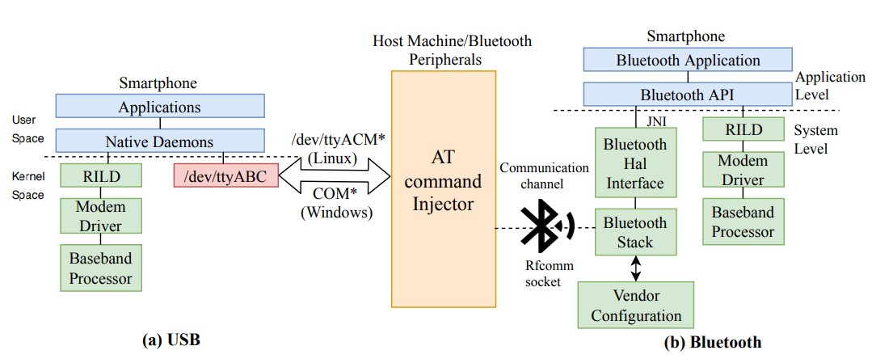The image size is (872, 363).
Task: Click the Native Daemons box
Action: pos(160,141)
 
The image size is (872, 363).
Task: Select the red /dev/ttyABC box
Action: pos(225,174)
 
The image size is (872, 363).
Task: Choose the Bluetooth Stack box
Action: pos(635,231)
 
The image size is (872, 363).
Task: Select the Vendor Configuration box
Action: pos(635,305)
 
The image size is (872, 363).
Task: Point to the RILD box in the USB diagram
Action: pos(101,175)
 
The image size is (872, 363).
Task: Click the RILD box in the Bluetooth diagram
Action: pos(743,129)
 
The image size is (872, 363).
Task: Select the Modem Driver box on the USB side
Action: pos(101,214)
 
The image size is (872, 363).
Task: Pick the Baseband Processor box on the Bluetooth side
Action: pos(743,222)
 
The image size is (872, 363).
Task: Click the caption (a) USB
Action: pos(170,340)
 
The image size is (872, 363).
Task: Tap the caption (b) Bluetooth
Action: pos(712,342)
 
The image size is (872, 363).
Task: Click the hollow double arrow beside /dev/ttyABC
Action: pos(334,175)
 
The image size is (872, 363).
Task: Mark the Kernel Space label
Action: pos(27,184)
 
